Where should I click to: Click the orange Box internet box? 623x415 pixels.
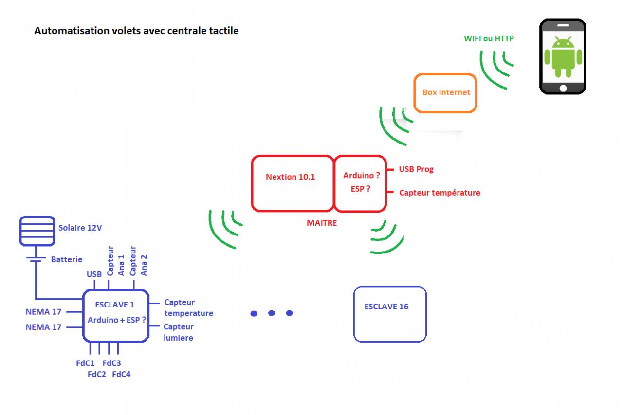[445, 92]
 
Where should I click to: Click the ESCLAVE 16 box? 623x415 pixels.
[390, 314]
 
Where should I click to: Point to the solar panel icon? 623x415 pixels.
[37, 231]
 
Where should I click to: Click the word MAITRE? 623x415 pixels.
[322, 223]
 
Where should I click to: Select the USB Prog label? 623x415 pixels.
[416, 169]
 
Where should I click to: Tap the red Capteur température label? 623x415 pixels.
[440, 193]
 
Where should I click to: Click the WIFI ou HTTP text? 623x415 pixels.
[488, 38]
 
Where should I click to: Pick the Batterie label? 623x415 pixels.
[67, 260]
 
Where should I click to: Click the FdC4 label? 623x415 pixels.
[121, 374]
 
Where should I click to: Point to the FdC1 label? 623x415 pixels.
[85, 363]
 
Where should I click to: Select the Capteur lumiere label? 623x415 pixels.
[178, 332]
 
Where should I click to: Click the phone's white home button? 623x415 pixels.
[563, 88]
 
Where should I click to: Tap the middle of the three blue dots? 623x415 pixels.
[272, 313]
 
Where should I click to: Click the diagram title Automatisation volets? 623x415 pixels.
[136, 31]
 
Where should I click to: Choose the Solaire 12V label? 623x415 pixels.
[81, 228]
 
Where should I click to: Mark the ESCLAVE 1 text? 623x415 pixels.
[115, 305]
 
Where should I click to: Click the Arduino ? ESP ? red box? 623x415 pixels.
[361, 183]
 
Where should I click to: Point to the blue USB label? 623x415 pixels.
[94, 274]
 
